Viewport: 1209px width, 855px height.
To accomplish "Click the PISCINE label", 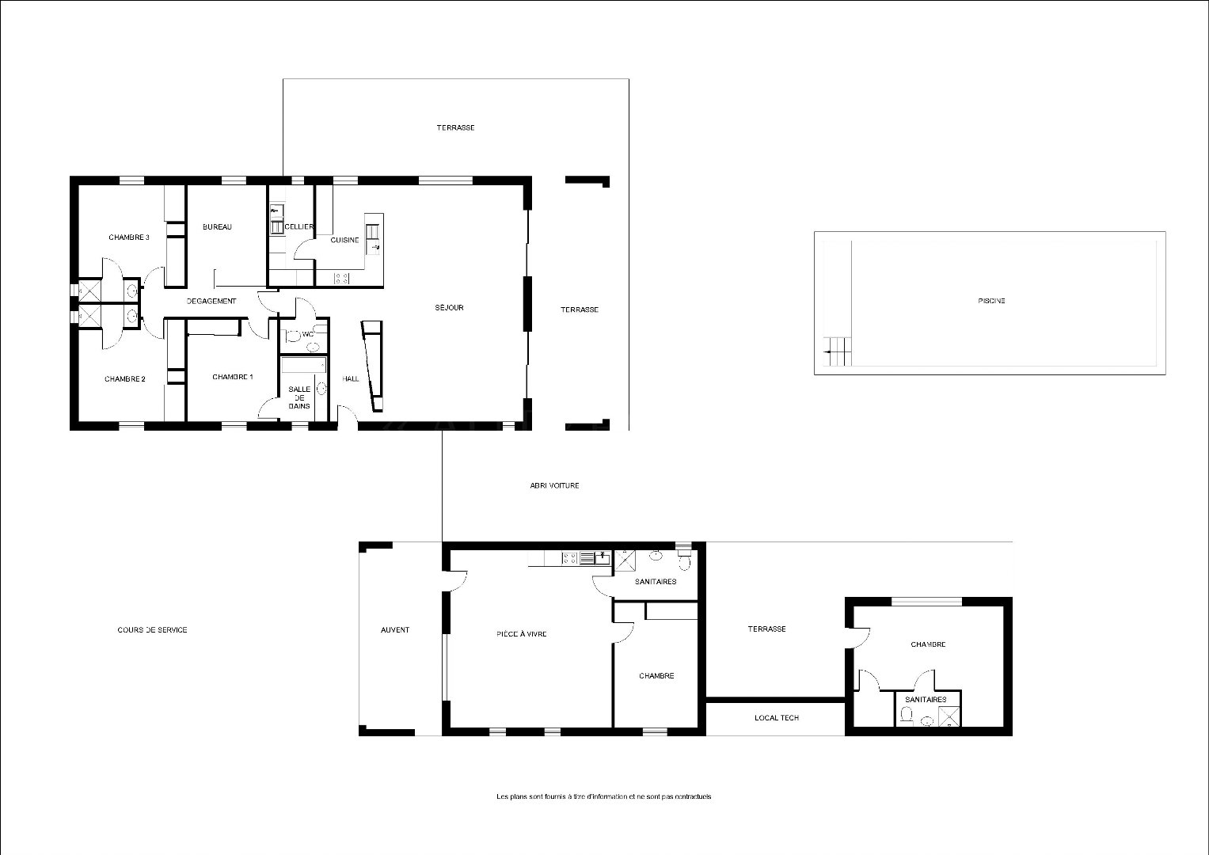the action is click(991, 301).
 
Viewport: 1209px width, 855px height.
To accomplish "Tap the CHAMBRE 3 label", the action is click(129, 237).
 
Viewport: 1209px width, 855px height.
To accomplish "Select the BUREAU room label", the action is click(217, 226).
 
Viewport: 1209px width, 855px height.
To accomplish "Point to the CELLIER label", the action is click(299, 226).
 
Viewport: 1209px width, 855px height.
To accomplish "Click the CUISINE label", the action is click(345, 240).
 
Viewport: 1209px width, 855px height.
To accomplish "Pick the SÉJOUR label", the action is click(449, 307).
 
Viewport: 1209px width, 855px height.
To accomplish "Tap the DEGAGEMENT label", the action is click(211, 301).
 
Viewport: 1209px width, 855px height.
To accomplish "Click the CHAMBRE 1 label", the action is click(233, 377).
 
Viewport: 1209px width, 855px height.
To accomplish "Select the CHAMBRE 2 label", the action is click(124, 379).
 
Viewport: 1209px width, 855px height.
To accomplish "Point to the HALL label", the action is click(350, 379).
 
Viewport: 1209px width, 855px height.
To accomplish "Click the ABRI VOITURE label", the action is click(554, 485).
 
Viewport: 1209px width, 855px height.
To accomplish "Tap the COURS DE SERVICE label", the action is click(152, 629).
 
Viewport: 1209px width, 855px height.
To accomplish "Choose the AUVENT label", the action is click(395, 629).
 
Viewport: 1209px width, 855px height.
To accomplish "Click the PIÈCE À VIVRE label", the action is click(522, 633).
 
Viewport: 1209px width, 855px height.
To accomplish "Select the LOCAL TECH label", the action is click(777, 717).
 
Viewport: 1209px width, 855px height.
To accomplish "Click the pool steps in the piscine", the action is click(837, 351).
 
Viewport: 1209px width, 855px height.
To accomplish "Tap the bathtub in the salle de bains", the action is click(303, 365).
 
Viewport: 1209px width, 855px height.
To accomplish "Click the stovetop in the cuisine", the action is click(342, 279).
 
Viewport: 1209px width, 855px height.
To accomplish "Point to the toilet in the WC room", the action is click(293, 336).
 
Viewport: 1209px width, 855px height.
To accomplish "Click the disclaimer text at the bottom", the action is click(604, 796).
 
